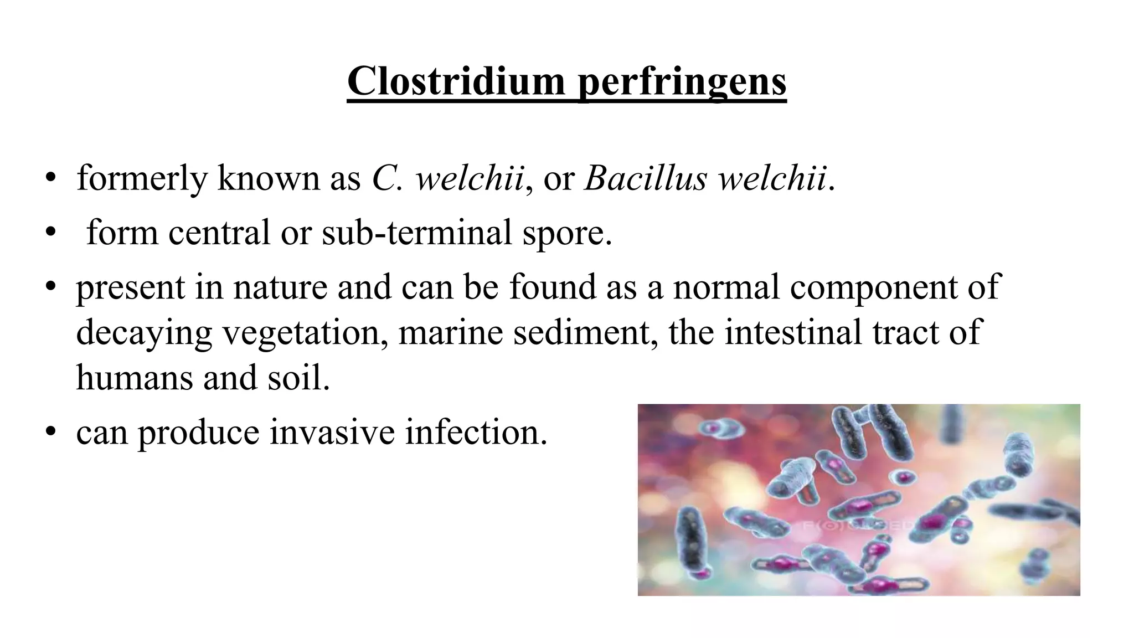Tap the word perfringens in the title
(x=682, y=81)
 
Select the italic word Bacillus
(x=645, y=178)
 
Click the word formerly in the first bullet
(x=141, y=178)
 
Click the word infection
(x=476, y=432)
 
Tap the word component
(x=869, y=287)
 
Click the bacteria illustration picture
(x=858, y=500)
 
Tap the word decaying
(x=144, y=333)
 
